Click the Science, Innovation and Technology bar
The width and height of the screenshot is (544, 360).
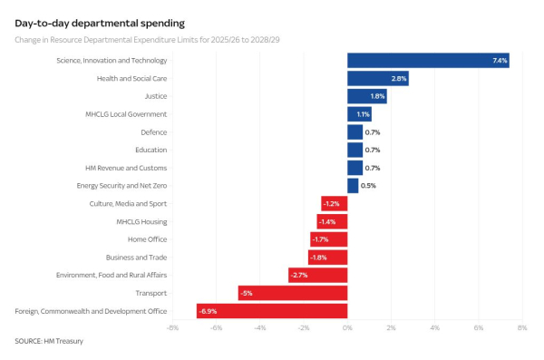(x=428, y=61)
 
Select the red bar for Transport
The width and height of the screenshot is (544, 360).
(x=293, y=293)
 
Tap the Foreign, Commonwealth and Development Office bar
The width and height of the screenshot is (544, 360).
(x=272, y=311)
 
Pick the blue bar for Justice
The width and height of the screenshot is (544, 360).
(x=367, y=96)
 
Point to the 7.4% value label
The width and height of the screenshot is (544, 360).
(x=500, y=61)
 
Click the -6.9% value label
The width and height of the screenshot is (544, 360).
(x=209, y=311)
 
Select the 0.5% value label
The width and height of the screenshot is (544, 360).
(x=368, y=186)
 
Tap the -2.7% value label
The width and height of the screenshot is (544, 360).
(x=298, y=275)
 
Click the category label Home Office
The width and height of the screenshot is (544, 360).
(x=148, y=239)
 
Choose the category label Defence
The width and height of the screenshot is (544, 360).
(x=153, y=132)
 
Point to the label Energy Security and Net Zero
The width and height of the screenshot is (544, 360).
(x=121, y=186)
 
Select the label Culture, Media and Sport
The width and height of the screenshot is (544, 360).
(x=128, y=203)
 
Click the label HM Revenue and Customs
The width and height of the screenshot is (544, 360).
(x=126, y=168)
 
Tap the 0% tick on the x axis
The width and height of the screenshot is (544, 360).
(x=347, y=327)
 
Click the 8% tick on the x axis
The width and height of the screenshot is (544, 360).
(x=521, y=327)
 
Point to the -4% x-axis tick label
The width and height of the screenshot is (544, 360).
(x=259, y=327)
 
